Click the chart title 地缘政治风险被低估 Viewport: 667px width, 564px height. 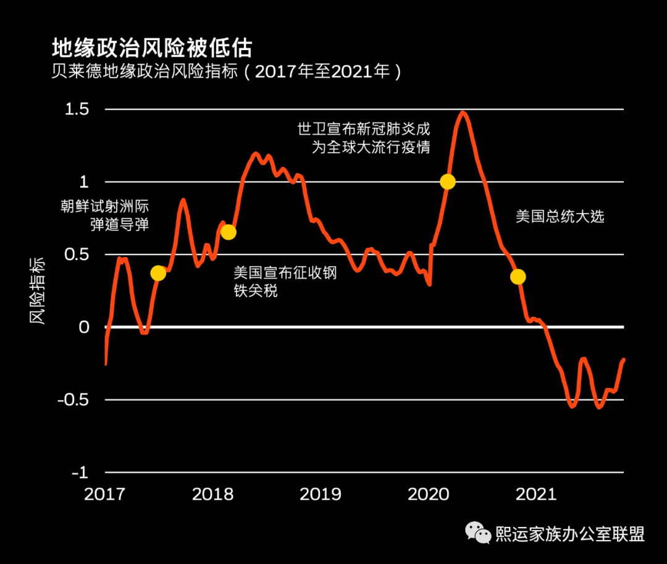click(x=152, y=48)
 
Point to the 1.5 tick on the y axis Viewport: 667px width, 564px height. click(x=78, y=109)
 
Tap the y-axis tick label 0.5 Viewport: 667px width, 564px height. click(x=78, y=255)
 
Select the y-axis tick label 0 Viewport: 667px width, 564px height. click(x=84, y=327)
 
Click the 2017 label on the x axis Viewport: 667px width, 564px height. click(x=105, y=494)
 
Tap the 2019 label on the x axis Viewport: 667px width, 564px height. click(x=320, y=494)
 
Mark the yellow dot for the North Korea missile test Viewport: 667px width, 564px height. click(x=158, y=273)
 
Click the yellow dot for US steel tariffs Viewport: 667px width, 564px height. click(x=228, y=232)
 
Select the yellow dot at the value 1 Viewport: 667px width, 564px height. click(x=448, y=182)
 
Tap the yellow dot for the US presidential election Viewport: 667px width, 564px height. click(x=518, y=276)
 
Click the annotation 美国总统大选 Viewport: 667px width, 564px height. click(x=560, y=216)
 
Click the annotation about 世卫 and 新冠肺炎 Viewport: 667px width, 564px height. click(x=364, y=138)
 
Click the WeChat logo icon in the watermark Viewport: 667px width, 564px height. click(x=479, y=532)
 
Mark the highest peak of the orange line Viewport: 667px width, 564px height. click(x=463, y=112)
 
